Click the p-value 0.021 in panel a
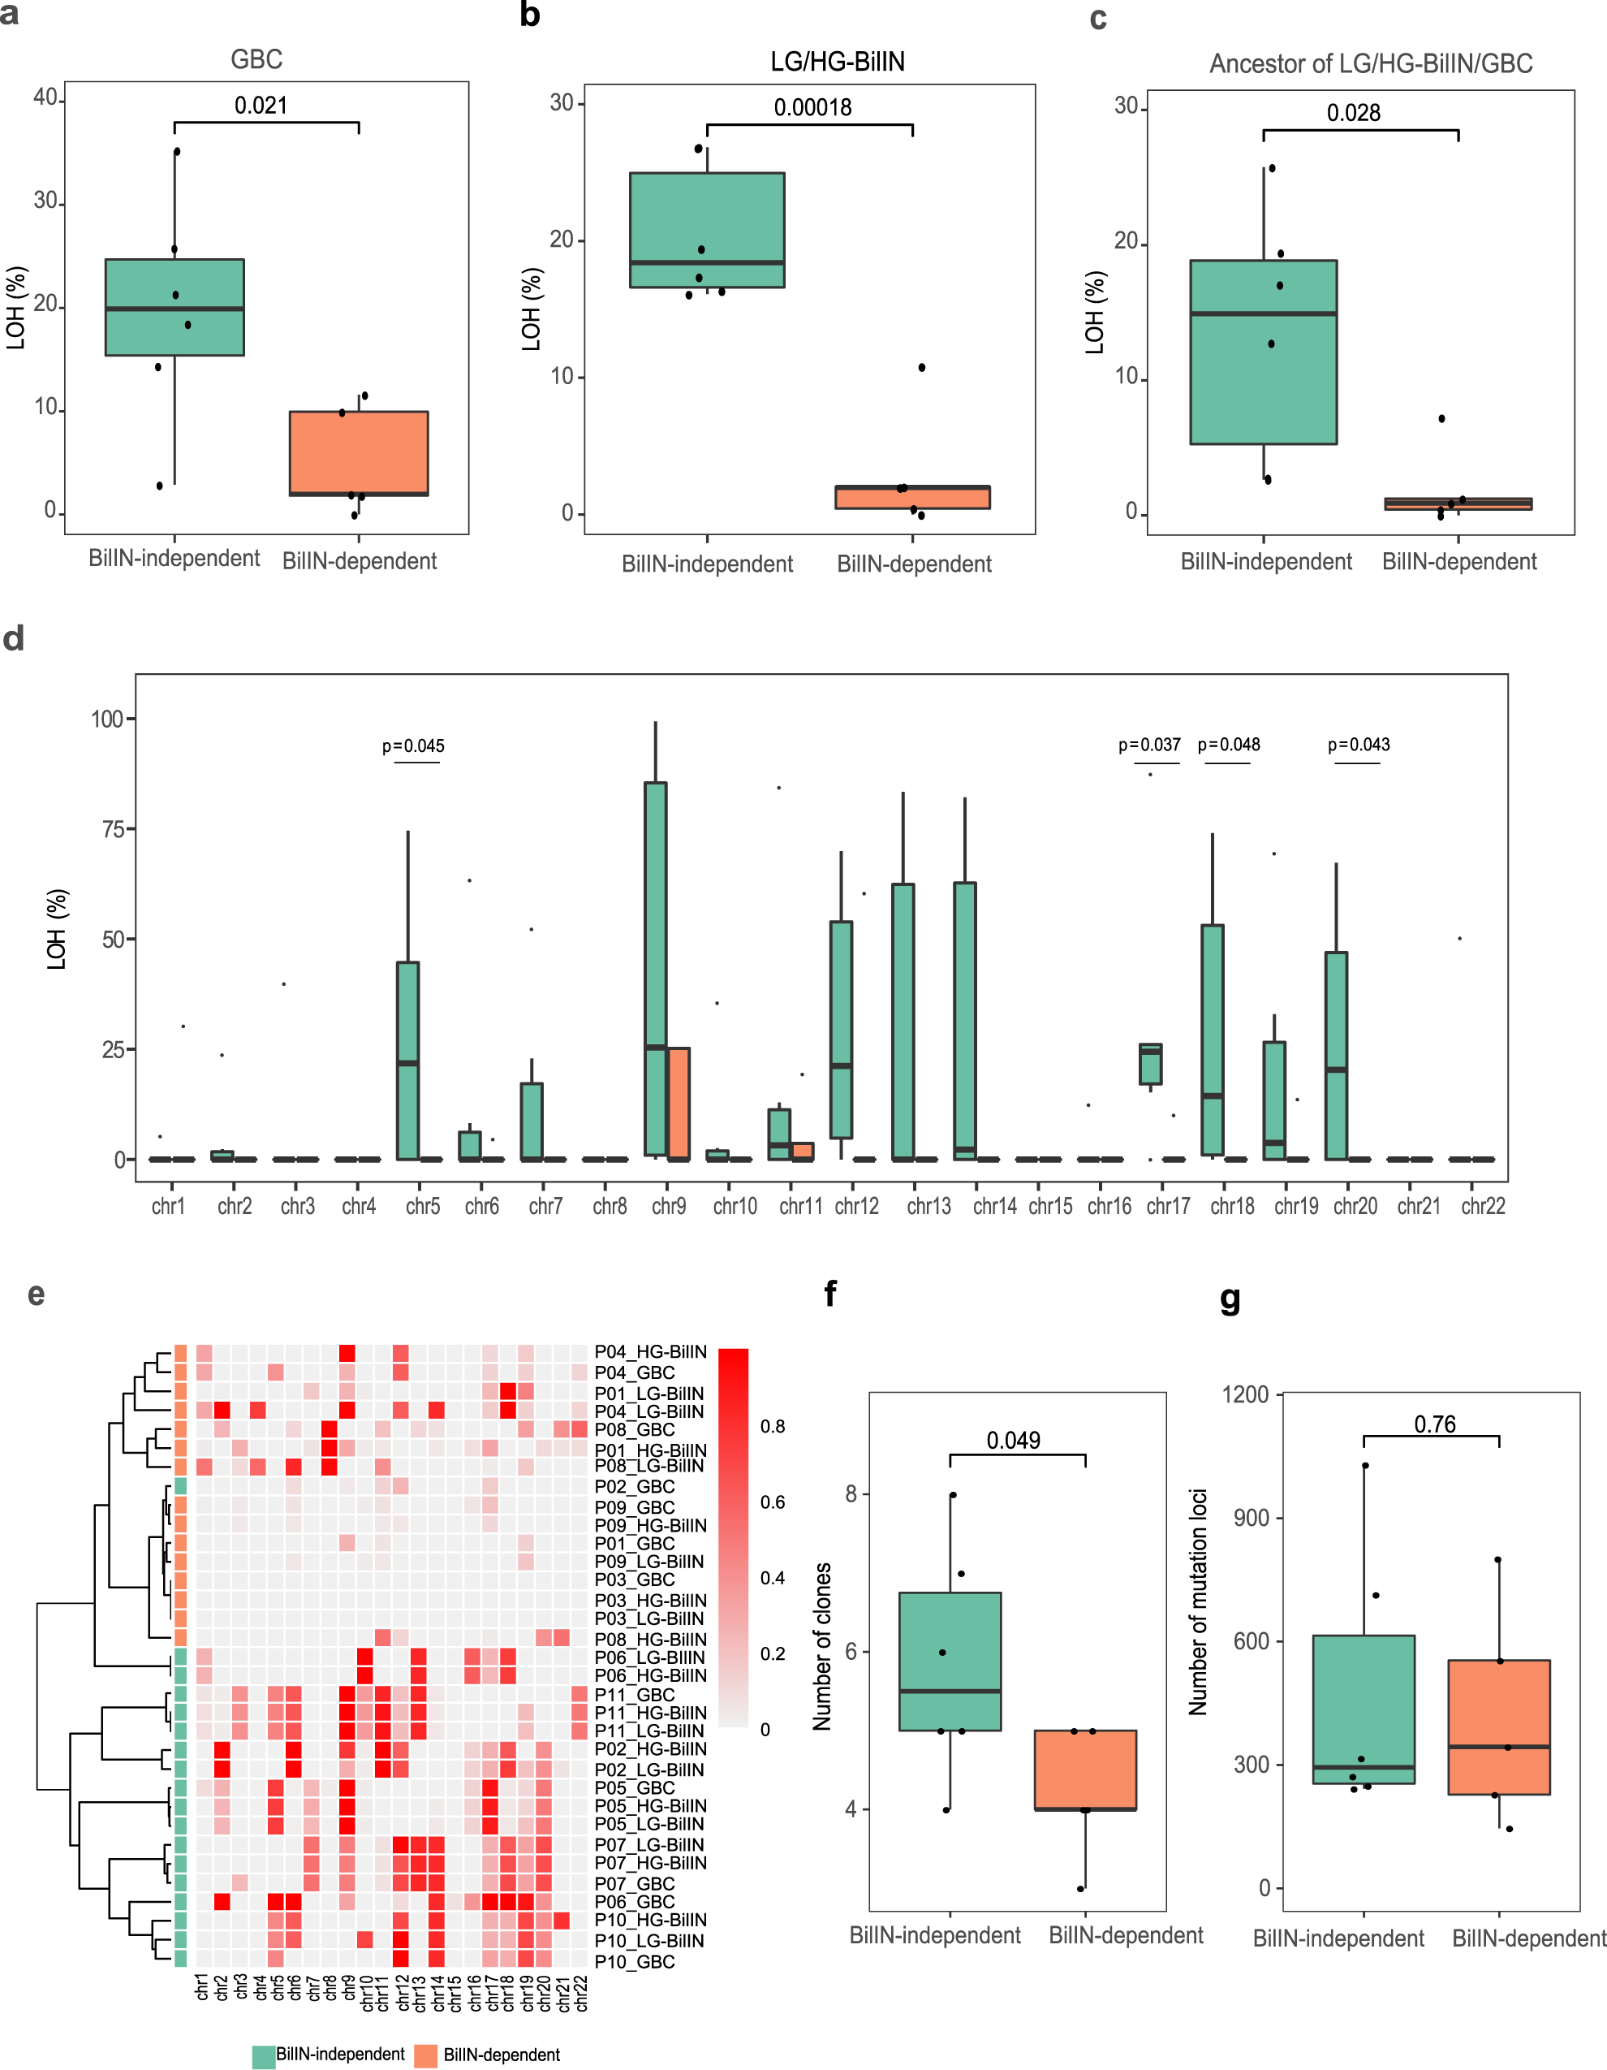(x=261, y=106)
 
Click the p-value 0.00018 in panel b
(x=812, y=107)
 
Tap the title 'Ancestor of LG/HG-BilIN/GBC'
(x=1370, y=63)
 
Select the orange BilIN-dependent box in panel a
(x=358, y=452)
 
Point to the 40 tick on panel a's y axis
(x=45, y=97)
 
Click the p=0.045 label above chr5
(x=413, y=746)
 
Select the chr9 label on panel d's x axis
(x=669, y=1206)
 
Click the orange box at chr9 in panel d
(x=679, y=1104)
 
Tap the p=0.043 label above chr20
(x=1359, y=744)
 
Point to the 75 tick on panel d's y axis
(x=113, y=829)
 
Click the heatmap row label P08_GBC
(x=634, y=1429)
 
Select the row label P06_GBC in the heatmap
(x=634, y=1901)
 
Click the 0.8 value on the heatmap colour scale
(x=772, y=1427)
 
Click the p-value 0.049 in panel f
(x=1013, y=1441)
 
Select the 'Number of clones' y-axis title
(x=822, y=1646)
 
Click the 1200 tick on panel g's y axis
(x=1245, y=1394)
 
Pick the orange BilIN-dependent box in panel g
(x=1498, y=1727)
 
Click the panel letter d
(x=13, y=639)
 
